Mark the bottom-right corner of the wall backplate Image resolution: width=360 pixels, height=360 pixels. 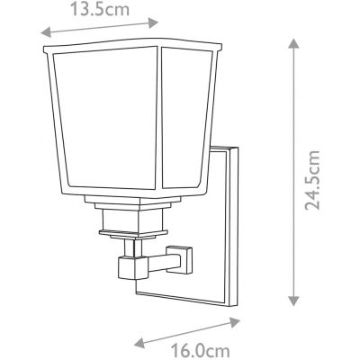coord(237,306)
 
